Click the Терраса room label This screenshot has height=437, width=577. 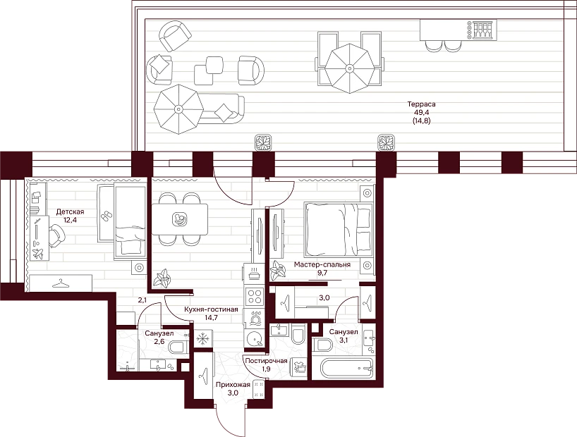(421, 104)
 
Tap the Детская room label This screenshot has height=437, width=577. (70, 212)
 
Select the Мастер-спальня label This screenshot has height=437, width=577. (322, 264)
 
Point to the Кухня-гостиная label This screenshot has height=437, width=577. (211, 309)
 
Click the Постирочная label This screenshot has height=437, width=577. (266, 360)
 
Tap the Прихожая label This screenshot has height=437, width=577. (233, 385)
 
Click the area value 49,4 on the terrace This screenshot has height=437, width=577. (421, 112)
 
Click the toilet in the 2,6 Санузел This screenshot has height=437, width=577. (178, 347)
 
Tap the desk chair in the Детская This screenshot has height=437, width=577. (56, 236)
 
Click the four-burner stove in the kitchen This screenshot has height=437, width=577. (254, 296)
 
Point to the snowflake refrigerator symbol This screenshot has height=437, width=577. (202, 339)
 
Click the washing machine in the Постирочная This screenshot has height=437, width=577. (299, 367)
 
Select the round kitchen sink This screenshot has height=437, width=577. (254, 338)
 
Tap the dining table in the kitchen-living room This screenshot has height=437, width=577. (180, 220)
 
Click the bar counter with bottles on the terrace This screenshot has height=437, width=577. (458, 30)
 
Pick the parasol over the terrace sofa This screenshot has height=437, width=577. (178, 109)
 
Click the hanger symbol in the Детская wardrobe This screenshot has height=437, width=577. (61, 283)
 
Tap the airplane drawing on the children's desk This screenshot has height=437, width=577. (37, 253)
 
